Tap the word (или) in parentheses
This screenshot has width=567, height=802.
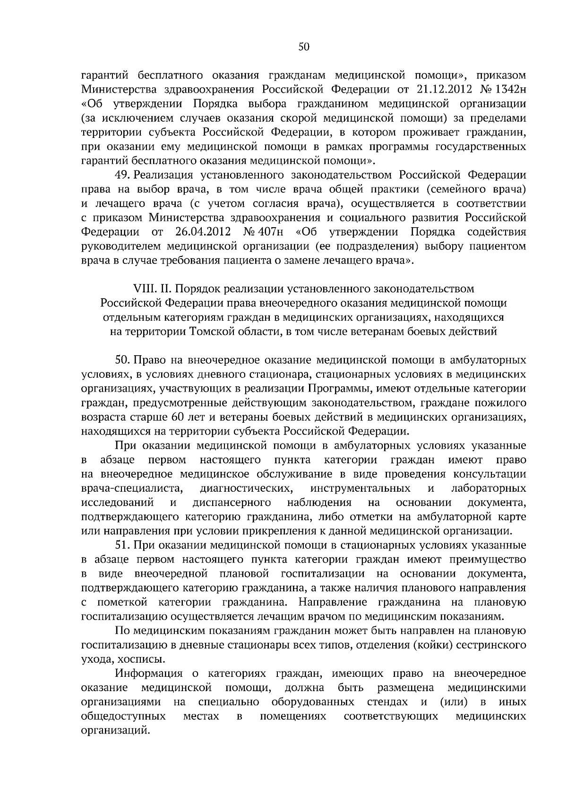tap(453, 702)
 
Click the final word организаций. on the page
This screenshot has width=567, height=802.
tap(115, 731)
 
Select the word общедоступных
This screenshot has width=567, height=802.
tap(123, 716)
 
